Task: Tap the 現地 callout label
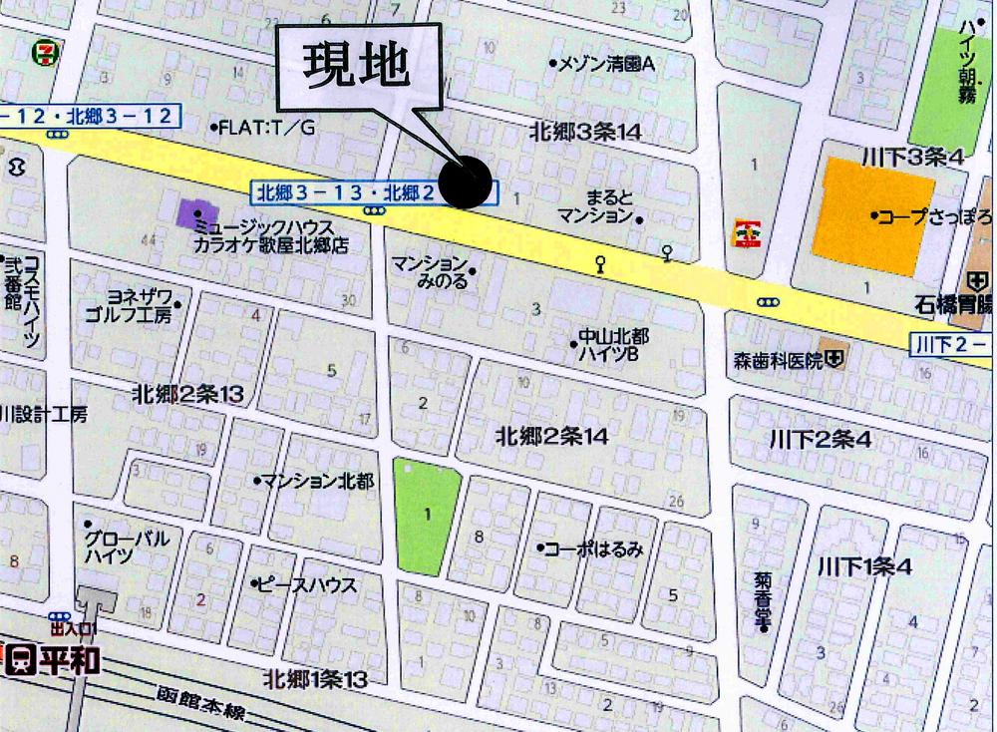pyautogui.click(x=356, y=67)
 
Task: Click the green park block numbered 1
pyautogui.click(x=428, y=515)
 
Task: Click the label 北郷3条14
pyautogui.click(x=584, y=131)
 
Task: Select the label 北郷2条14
pyautogui.click(x=551, y=436)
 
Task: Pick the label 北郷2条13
pyautogui.click(x=187, y=395)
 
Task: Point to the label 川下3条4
pyautogui.click(x=912, y=157)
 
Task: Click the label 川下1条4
pyautogui.click(x=864, y=566)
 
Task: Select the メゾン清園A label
pyautogui.click(x=606, y=64)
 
